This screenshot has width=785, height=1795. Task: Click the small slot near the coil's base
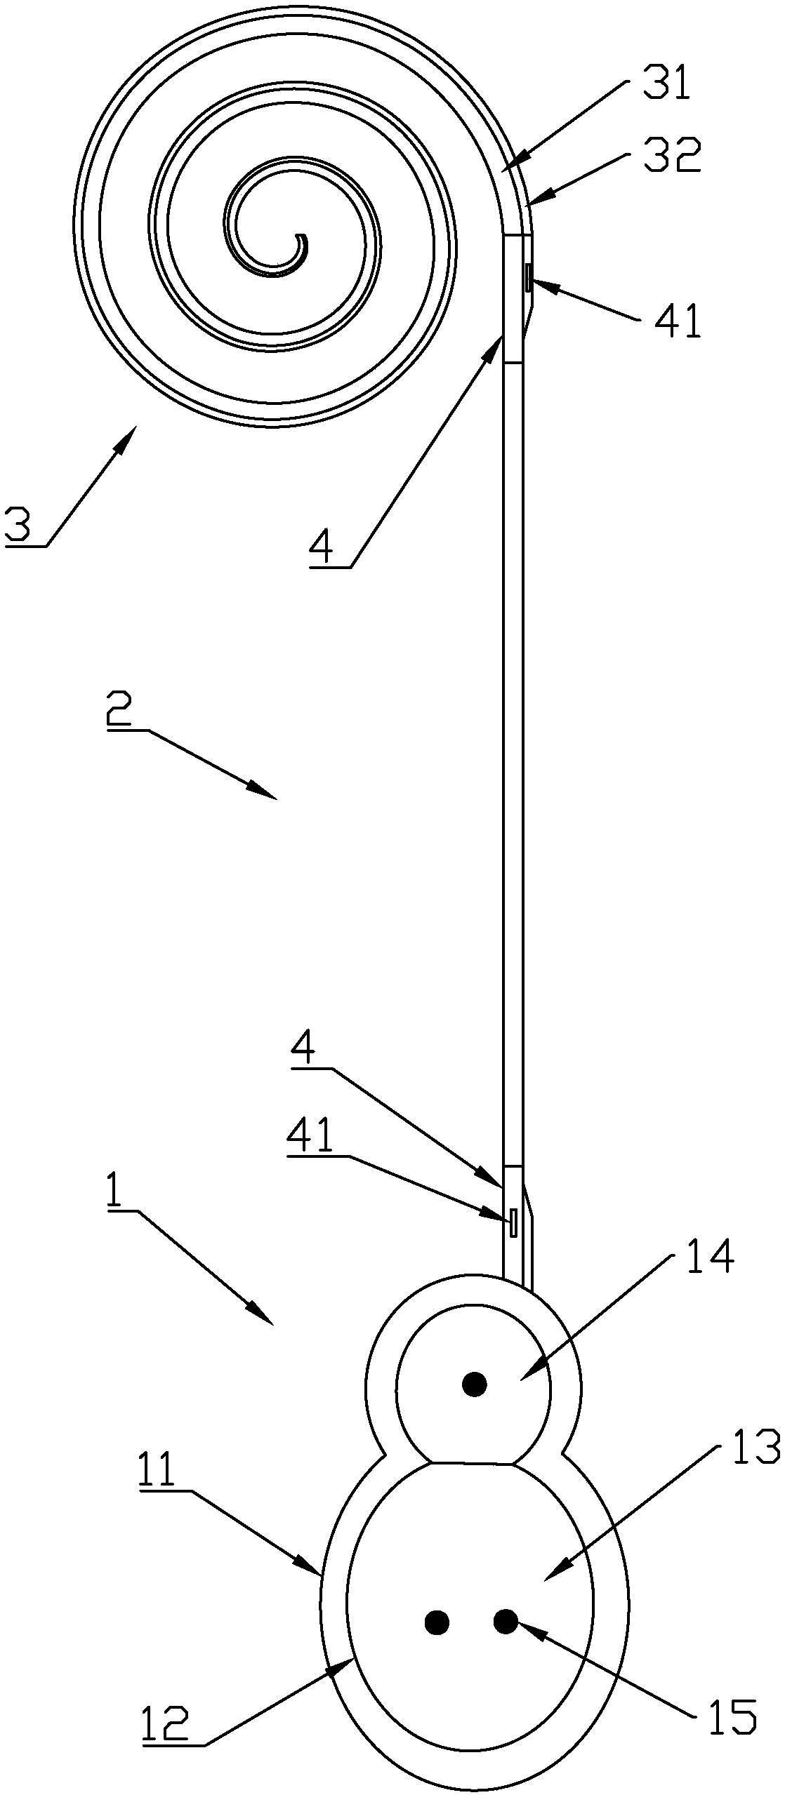[527, 278]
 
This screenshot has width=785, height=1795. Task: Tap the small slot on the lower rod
[513, 1222]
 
